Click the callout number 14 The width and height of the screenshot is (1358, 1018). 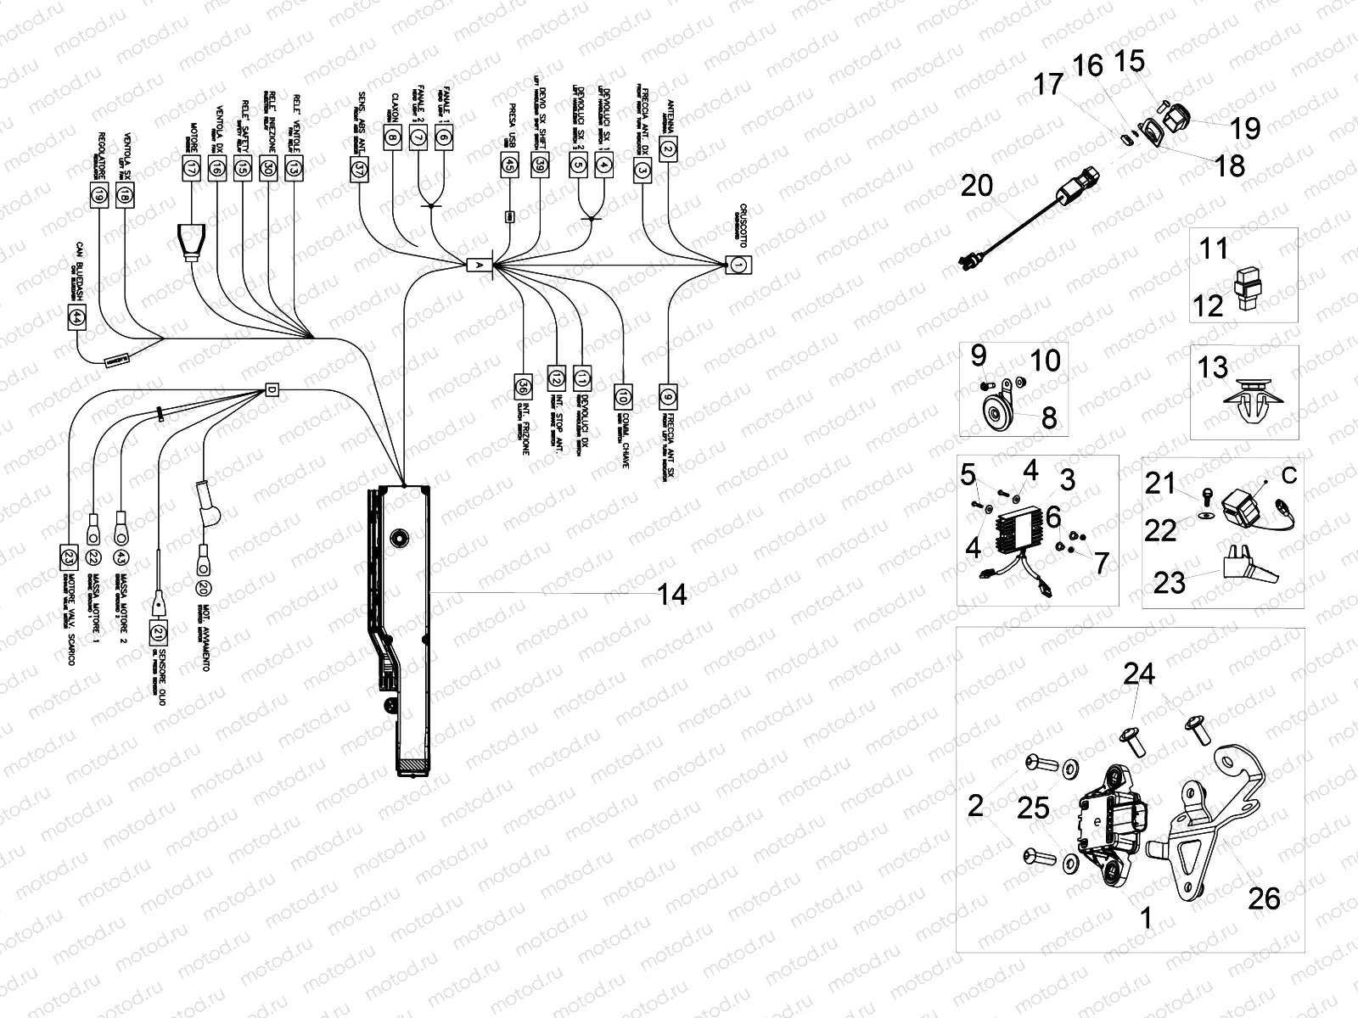point(672,595)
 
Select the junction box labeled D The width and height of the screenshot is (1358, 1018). point(272,389)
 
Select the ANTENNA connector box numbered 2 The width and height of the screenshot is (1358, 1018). point(668,149)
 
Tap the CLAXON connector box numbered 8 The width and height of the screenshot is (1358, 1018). point(391,136)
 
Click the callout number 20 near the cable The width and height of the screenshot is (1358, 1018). point(977,185)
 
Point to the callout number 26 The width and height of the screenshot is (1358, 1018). point(1264,898)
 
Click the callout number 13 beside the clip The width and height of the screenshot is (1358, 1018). point(1213,367)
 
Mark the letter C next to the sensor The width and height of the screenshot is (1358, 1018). point(1289,476)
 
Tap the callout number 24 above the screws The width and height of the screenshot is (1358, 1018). point(1139,674)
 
